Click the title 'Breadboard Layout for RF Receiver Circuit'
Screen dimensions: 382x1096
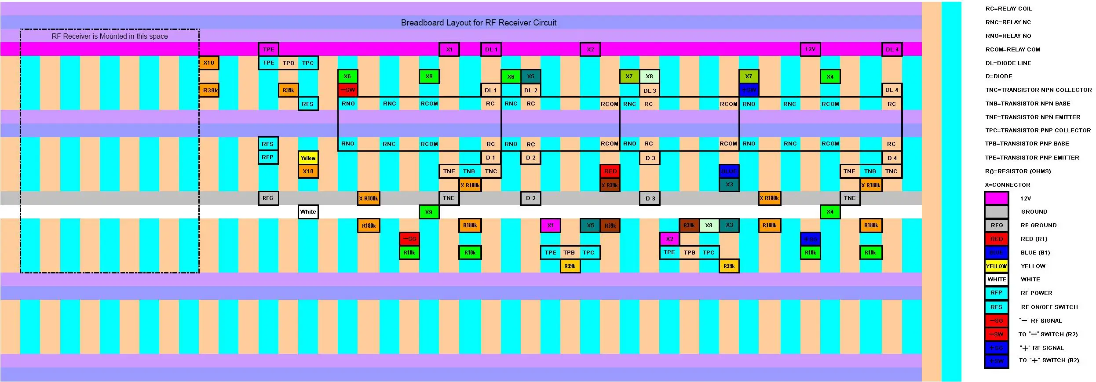479,22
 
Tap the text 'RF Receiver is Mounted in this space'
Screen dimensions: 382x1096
110,36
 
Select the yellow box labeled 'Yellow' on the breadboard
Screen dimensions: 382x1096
308,158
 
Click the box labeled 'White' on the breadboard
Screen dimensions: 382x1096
308,211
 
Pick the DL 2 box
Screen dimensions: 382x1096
530,90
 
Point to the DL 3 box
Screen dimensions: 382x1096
649,91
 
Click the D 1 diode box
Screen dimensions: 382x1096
490,157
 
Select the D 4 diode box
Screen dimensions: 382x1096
892,158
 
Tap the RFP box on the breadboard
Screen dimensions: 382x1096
267,157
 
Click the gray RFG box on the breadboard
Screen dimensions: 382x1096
267,198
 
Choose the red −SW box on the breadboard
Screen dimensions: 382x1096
347,90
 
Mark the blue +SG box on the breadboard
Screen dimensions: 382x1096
810,239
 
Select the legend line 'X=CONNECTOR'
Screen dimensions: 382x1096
1007,185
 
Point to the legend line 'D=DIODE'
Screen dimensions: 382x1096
999,76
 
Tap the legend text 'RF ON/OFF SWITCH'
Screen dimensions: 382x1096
1049,307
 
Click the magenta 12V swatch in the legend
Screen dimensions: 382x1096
996,198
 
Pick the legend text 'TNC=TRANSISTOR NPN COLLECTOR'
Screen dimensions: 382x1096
1038,90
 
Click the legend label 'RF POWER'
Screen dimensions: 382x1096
1036,293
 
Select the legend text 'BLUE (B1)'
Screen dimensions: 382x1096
1035,252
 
